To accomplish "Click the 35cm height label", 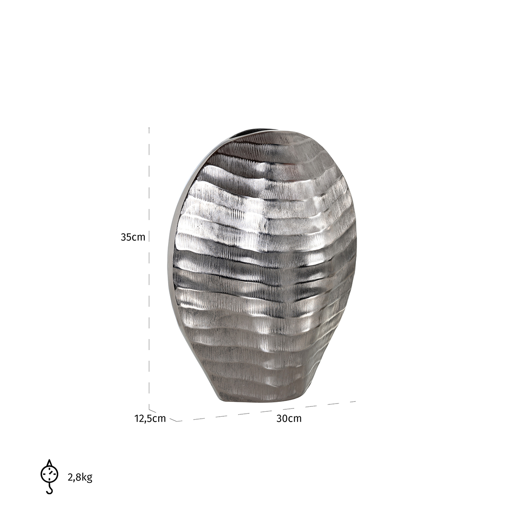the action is click(133, 237).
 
